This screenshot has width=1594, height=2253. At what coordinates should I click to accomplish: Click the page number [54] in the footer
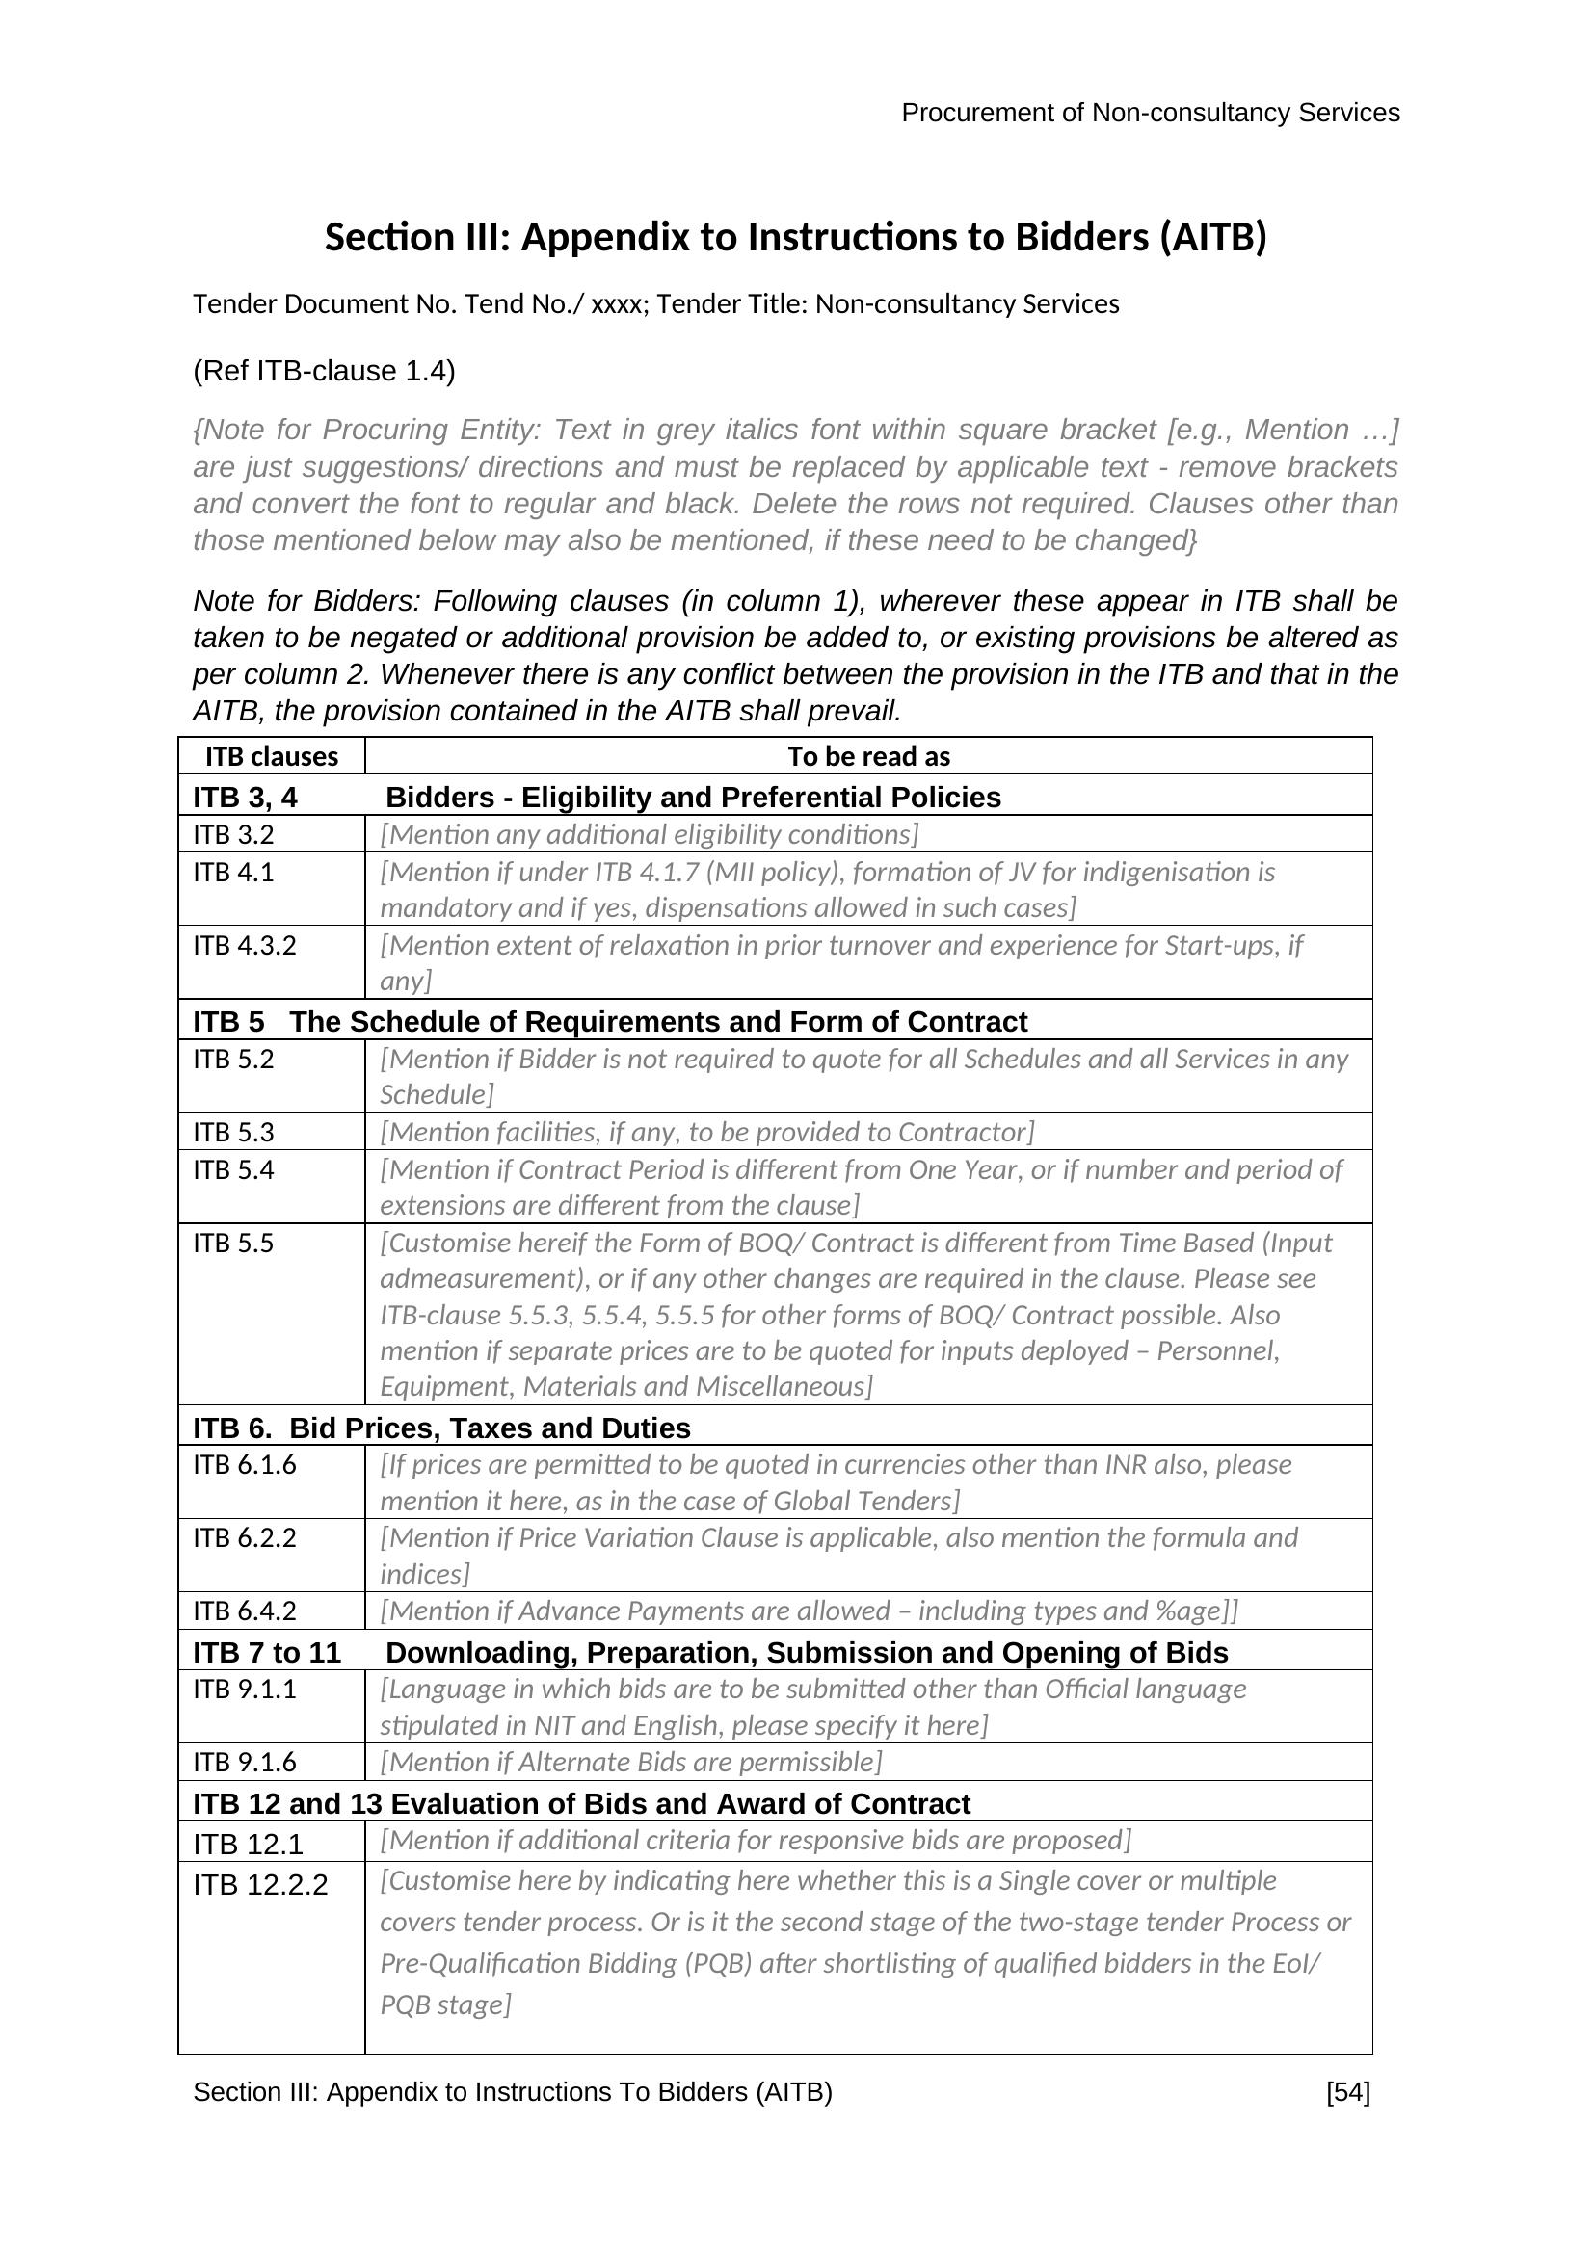1346,2092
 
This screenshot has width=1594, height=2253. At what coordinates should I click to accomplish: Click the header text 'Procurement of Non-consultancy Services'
1150,113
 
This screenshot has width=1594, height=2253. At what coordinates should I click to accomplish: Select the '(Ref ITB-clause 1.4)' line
324,371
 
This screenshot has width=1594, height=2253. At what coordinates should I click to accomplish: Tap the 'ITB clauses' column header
271,756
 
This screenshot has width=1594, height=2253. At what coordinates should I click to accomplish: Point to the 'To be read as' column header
867,756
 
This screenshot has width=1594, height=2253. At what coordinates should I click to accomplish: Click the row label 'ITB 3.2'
233,835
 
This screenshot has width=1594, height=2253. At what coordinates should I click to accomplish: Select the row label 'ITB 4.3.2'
245,946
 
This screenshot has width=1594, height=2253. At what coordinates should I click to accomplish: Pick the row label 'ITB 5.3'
233,1133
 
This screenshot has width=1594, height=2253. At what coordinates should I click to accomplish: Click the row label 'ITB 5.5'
233,1244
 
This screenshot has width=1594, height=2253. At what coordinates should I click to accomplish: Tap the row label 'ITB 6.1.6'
245,1465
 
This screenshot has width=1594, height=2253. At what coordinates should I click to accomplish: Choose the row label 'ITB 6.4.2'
245,1611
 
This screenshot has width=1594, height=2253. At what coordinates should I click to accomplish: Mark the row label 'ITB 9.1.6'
245,1763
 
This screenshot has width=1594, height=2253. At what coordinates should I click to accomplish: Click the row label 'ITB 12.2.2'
260,1885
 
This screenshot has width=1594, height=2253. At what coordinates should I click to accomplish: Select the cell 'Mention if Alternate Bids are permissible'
631,1763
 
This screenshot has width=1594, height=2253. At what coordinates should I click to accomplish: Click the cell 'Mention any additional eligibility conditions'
649,835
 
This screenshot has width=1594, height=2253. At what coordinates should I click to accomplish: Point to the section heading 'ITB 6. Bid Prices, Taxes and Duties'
441,1428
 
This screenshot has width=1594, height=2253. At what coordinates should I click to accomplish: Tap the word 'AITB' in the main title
1212,238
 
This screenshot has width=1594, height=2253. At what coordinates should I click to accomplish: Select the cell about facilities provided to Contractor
706,1133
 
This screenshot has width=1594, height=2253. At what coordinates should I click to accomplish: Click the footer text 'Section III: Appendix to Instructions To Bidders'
512,2092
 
